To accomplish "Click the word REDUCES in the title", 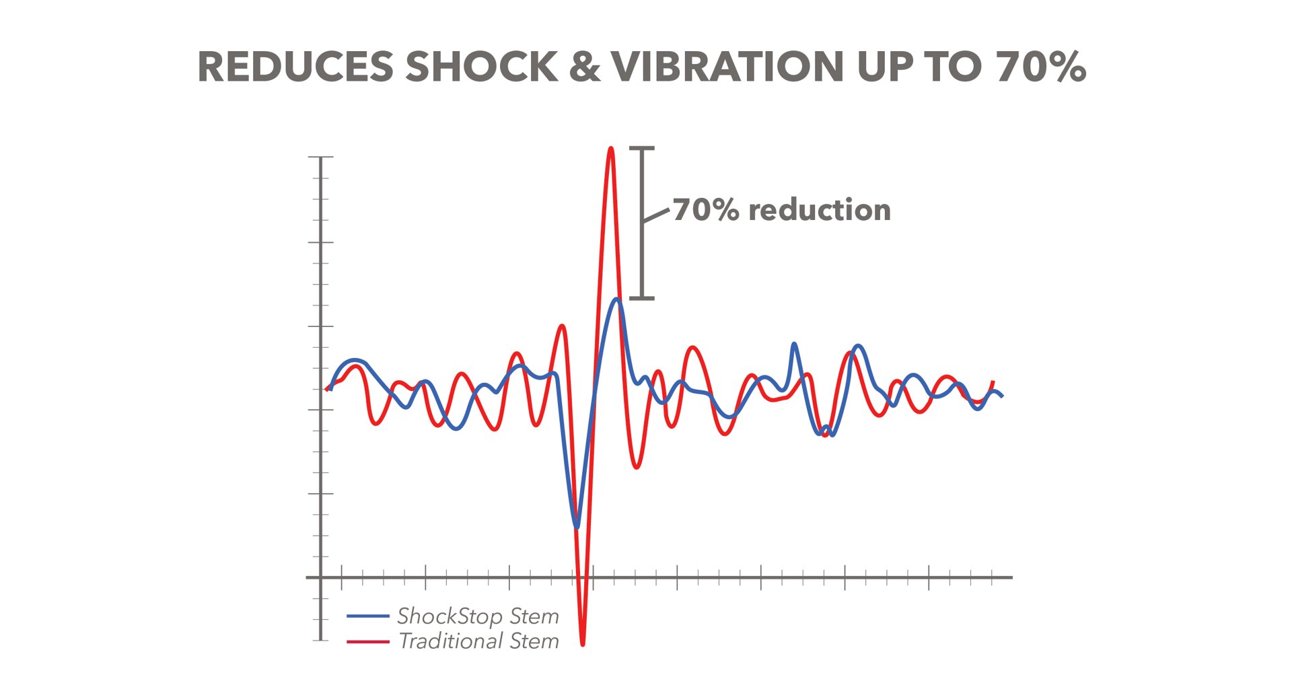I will tap(295, 67).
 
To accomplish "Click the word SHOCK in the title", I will tap(482, 67).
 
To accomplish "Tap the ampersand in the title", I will tap(584, 67).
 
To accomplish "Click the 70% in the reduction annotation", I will tap(706, 210).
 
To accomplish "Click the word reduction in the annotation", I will tap(820, 210).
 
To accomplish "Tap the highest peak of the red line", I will tap(611, 149).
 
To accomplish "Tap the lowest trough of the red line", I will tap(583, 644).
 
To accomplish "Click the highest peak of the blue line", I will tap(616, 299).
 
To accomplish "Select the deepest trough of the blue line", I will tap(577, 527).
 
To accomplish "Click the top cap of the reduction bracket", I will tap(642, 148).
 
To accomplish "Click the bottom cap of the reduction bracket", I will tap(642, 297).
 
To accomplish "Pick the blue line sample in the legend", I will tap(368, 616).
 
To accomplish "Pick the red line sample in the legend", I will tap(368, 641).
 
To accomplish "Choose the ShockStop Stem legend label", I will tap(478, 616).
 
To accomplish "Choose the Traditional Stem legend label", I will tap(478, 641).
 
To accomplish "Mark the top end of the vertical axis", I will tap(321, 157).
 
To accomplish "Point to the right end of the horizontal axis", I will tap(1011, 577).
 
